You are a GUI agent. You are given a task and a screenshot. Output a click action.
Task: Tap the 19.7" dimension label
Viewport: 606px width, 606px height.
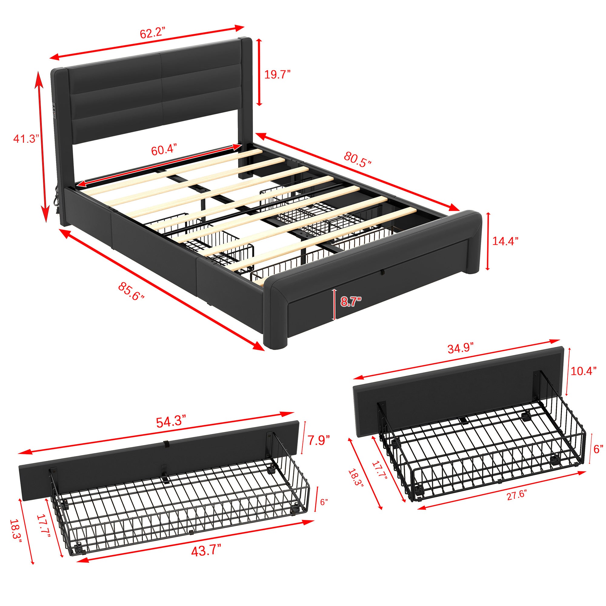(x=277, y=75)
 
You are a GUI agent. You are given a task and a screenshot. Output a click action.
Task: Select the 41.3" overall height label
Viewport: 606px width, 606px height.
(x=26, y=138)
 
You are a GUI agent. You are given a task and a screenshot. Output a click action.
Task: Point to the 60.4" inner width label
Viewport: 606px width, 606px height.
(x=164, y=150)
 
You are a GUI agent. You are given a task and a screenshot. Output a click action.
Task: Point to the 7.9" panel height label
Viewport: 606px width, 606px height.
(x=318, y=440)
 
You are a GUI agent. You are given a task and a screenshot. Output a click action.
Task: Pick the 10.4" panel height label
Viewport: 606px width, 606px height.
(x=583, y=371)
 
